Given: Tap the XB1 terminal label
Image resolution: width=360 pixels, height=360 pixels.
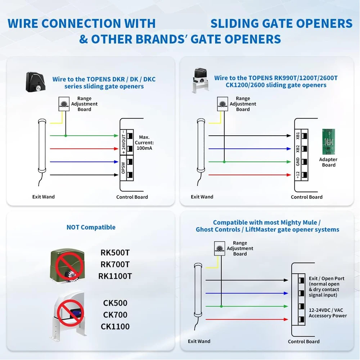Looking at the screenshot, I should pos(298,136).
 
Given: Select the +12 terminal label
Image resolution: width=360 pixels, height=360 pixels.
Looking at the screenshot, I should pos(298,175).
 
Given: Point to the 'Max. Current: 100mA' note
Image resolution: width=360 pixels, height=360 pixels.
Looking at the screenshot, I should pos(144,143).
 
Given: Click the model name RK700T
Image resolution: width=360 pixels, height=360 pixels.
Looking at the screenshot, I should pos(115,264).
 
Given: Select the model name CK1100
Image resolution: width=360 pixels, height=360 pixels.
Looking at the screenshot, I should pos(115,327).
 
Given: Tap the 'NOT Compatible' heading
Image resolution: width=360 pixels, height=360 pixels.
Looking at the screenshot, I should pos(91,227).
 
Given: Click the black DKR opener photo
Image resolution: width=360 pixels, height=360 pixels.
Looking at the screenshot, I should pos(35,82).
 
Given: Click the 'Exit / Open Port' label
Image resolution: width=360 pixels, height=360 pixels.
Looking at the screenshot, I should pos(327,279).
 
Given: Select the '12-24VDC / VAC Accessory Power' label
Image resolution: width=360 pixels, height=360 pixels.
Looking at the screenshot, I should pos(328,313).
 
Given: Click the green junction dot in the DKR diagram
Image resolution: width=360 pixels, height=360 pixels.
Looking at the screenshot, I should pos(66,136).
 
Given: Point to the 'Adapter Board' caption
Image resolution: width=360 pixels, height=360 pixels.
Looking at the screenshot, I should pos(328,162).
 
